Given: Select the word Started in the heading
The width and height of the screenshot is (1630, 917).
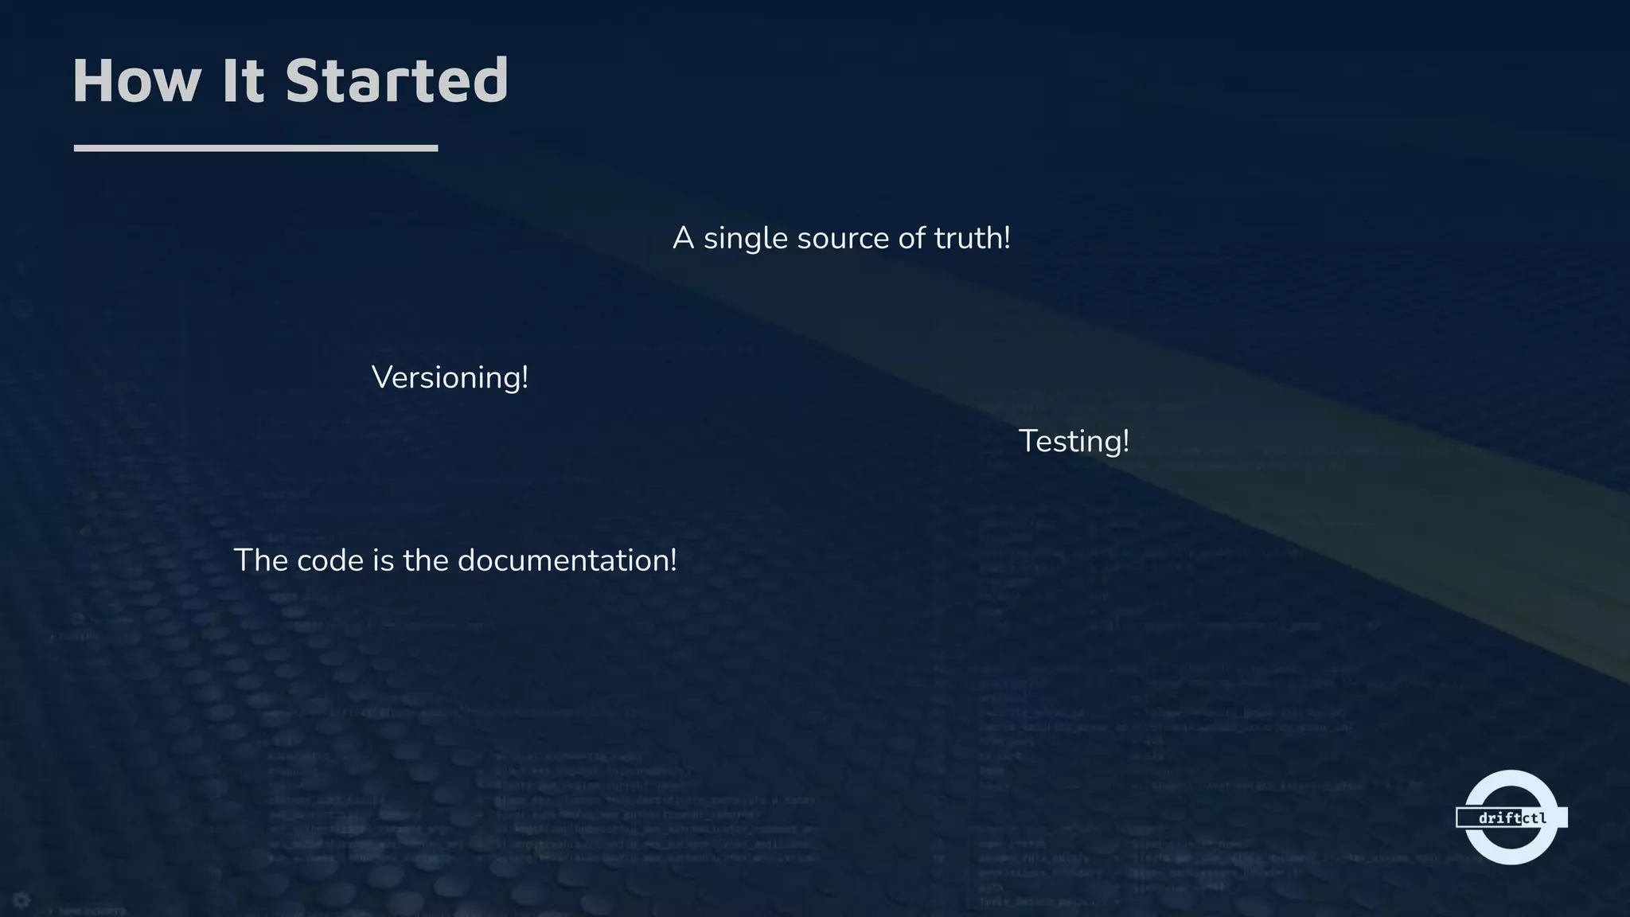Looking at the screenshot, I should [x=396, y=80].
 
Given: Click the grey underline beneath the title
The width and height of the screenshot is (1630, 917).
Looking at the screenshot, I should [x=255, y=148].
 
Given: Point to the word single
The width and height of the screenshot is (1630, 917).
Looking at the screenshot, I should [x=745, y=239].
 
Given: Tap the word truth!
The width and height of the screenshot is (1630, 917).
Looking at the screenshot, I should [x=972, y=238].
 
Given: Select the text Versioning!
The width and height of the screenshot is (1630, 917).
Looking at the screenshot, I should [x=450, y=377].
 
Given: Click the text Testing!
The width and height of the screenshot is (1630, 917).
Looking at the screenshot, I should [x=1074, y=441].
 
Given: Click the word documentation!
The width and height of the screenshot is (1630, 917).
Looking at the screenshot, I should [x=567, y=560].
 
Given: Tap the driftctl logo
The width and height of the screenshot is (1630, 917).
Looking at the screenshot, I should [x=1511, y=817].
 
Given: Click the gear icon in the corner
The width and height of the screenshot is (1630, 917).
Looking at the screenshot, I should [x=21, y=900].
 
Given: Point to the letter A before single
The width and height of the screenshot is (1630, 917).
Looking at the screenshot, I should [x=683, y=238].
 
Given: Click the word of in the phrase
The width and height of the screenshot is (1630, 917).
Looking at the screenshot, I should [x=911, y=238].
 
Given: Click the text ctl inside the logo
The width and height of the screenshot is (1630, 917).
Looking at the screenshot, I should [x=1534, y=818].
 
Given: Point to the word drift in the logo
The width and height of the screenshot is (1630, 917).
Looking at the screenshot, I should [x=1499, y=818].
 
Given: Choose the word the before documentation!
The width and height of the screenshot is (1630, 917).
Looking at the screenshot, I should [x=426, y=560].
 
